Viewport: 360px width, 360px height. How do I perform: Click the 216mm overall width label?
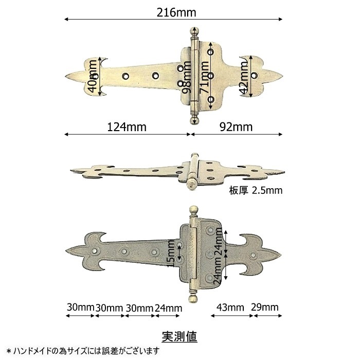176,12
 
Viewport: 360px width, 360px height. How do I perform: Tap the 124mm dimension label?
127,127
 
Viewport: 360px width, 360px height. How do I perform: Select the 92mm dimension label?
236,127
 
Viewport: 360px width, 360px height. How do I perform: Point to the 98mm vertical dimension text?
186,77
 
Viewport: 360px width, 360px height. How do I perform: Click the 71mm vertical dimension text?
204,77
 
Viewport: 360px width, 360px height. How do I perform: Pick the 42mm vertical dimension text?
244,78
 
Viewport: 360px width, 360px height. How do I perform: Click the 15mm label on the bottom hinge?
171,254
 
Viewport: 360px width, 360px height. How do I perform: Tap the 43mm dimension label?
230,307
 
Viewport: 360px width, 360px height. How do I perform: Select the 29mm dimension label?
264,307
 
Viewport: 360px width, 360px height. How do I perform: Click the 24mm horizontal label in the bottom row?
168,308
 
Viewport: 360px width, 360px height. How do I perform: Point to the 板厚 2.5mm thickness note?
256,190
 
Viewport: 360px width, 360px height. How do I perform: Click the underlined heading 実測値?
179,337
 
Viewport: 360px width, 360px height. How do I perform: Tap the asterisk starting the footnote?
9,351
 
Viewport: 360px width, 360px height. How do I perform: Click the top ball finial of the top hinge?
194,31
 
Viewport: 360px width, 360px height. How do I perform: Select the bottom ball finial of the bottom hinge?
193,298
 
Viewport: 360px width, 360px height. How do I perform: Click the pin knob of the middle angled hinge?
190,184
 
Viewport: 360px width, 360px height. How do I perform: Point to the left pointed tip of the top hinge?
65,76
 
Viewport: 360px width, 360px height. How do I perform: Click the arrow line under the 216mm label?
173,19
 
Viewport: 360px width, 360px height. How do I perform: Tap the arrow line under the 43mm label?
232,316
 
